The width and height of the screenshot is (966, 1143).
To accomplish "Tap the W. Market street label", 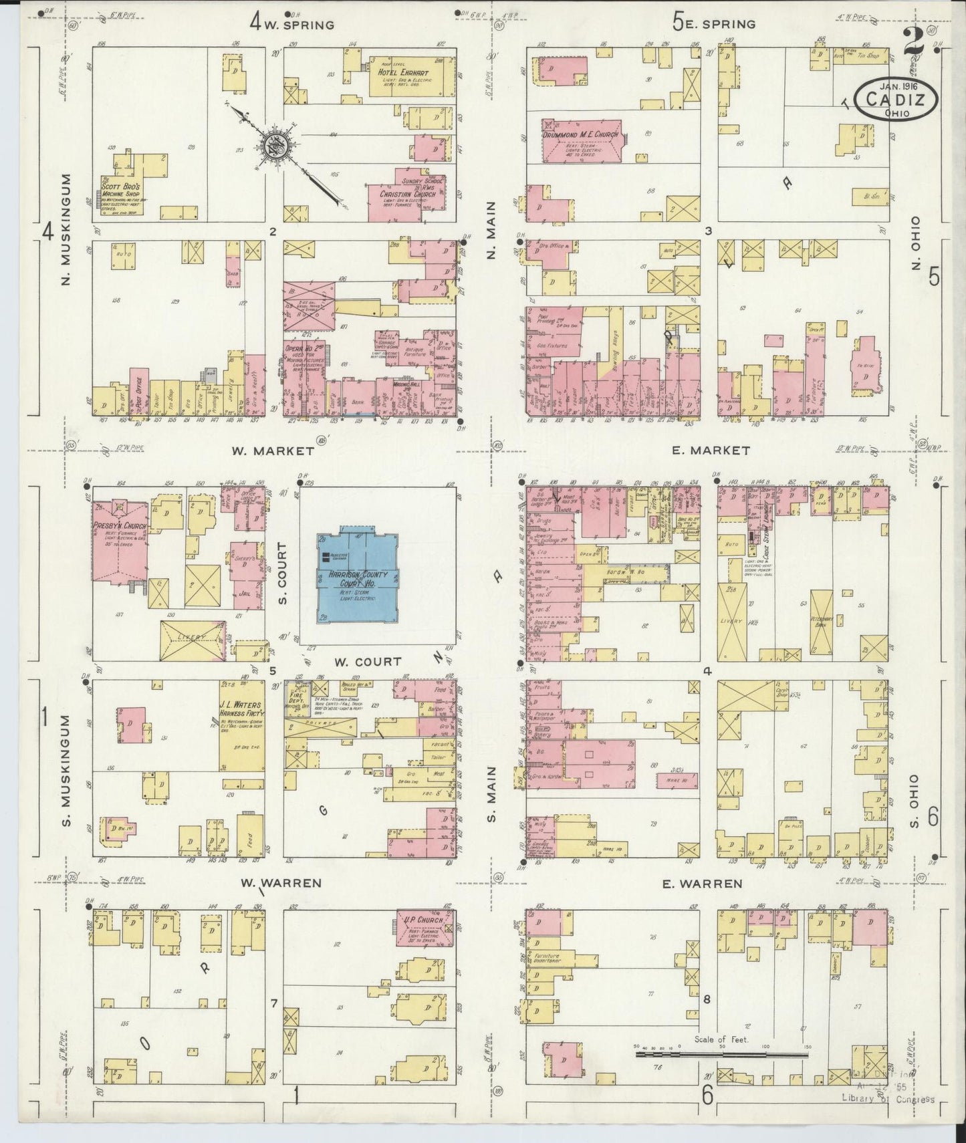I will tap(273, 451).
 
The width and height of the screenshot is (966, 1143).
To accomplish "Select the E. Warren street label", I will tap(701, 884).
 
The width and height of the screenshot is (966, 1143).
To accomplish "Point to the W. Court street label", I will tap(368, 662).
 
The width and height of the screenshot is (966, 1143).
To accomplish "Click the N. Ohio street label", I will tap(915, 243).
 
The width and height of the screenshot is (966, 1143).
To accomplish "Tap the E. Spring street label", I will tap(713, 25).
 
